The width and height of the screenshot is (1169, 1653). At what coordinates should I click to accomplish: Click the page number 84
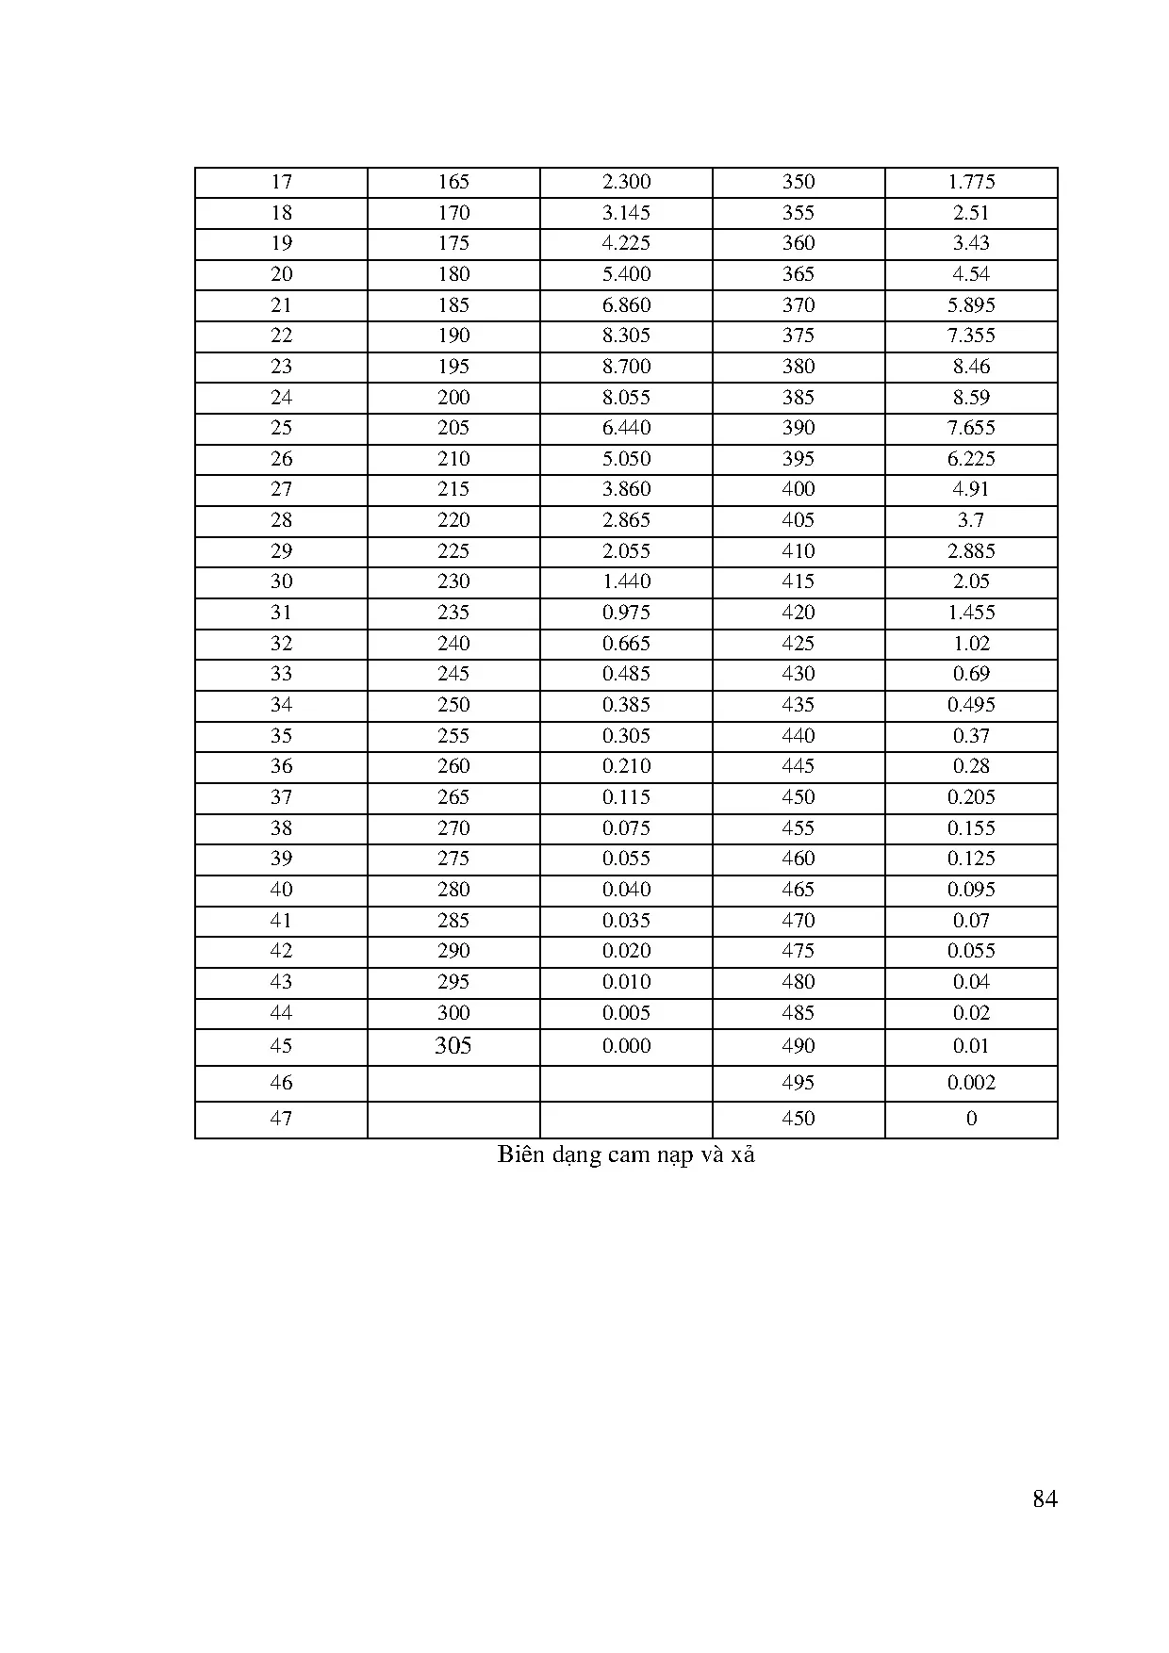(x=1045, y=1499)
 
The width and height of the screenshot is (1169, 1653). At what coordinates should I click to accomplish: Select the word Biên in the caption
(x=521, y=1154)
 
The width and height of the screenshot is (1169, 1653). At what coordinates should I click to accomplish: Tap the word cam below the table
(x=629, y=1155)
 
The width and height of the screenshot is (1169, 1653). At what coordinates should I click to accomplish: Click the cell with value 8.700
(x=626, y=367)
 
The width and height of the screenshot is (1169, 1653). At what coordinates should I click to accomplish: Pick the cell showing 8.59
(x=971, y=398)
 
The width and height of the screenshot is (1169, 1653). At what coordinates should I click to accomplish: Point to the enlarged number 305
(x=453, y=1046)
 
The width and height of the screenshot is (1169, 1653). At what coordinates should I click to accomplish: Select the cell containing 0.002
(x=971, y=1083)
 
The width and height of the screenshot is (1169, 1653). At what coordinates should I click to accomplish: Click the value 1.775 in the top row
(x=971, y=182)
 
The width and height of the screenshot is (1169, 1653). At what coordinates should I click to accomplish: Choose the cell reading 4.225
(x=626, y=243)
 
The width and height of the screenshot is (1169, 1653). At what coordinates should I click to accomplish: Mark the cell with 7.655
(x=971, y=428)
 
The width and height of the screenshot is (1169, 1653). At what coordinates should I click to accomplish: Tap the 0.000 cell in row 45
(x=626, y=1046)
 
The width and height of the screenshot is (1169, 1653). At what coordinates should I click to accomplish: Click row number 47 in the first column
(x=281, y=1119)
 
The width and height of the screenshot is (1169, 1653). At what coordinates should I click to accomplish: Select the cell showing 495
(x=799, y=1083)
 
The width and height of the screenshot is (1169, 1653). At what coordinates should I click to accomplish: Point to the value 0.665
(x=626, y=644)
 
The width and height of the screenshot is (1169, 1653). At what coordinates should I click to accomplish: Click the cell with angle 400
(x=799, y=489)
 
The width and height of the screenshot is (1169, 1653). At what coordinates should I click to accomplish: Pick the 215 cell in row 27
(x=453, y=489)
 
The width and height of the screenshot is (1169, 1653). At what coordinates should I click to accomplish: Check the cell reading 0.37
(x=971, y=736)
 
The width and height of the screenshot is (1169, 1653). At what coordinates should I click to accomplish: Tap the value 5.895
(x=971, y=305)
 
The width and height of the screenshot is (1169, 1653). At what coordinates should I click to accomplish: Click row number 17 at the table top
(x=281, y=182)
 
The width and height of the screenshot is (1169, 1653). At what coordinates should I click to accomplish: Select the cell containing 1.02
(x=971, y=644)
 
